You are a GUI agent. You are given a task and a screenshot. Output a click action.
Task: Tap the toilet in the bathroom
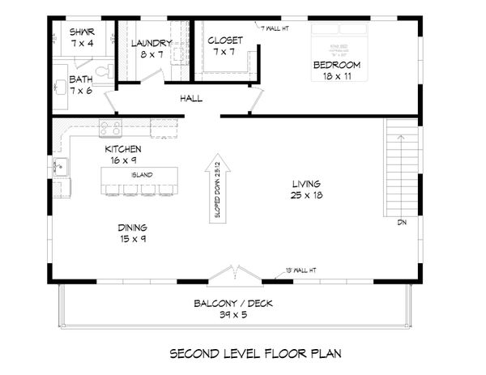(x=98, y=75)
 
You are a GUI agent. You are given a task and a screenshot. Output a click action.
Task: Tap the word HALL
(x=191, y=99)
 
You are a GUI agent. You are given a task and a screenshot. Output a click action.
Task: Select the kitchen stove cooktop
(x=110, y=128)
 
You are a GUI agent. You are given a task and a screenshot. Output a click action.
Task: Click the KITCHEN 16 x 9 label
(x=123, y=155)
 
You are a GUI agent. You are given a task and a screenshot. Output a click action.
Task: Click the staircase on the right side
(x=400, y=167)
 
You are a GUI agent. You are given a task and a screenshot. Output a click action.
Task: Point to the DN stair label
(x=401, y=222)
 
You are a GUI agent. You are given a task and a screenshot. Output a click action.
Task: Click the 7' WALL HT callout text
(x=276, y=28)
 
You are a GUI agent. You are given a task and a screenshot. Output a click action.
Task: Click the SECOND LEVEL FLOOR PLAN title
(x=244, y=353)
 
